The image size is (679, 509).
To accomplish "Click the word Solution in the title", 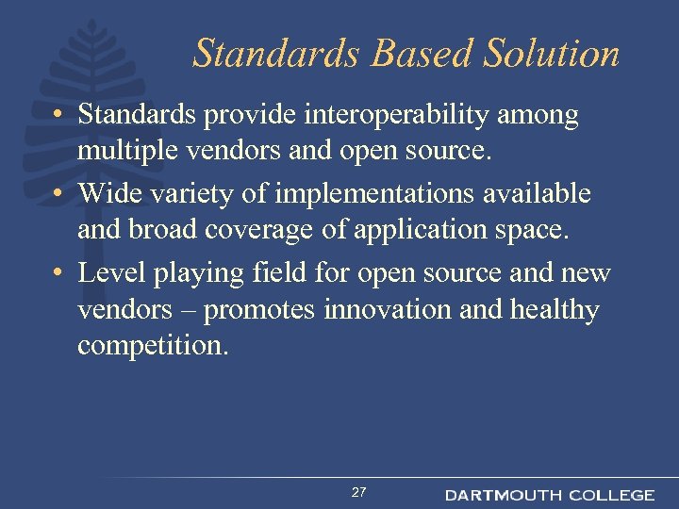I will [552, 54].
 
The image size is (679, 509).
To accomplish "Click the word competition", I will [151, 345].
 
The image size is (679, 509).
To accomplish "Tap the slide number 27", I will [358, 493].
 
